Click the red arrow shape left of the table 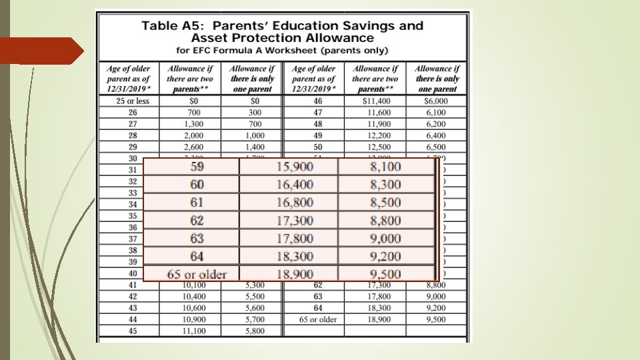pyautogui.click(x=41, y=51)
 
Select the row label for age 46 pyautogui.click(x=317, y=101)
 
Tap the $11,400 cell pyautogui.click(x=375, y=101)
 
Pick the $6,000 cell pyautogui.click(x=436, y=101)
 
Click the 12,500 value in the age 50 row pyautogui.click(x=375, y=147)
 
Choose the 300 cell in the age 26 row pyautogui.click(x=252, y=113)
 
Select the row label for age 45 pyautogui.click(x=133, y=330)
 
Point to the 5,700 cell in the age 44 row pyautogui.click(x=252, y=319)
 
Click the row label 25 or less pyautogui.click(x=133, y=101)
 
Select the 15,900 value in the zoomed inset pyautogui.click(x=295, y=167)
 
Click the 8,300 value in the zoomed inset pyautogui.click(x=385, y=185)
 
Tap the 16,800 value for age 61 pyautogui.click(x=295, y=203)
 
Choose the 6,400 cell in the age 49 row pyautogui.click(x=436, y=135)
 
